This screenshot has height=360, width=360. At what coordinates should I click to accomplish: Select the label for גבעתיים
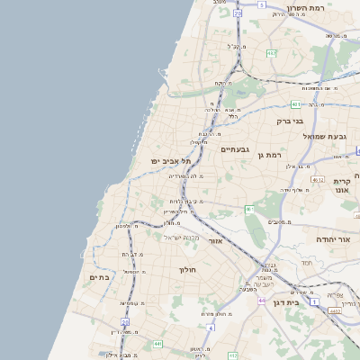[x=235, y=148]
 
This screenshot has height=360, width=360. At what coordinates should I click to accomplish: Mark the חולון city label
[x=187, y=269]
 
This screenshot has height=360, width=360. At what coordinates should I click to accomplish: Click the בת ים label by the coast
[x=99, y=278]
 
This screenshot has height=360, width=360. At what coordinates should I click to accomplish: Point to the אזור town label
[x=215, y=241]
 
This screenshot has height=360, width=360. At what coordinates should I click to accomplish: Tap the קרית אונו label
[x=341, y=185]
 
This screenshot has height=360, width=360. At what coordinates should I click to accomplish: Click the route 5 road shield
[x=262, y=4]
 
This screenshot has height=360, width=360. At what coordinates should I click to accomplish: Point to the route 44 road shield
[x=261, y=301]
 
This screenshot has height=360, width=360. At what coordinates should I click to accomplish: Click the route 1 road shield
[x=313, y=301]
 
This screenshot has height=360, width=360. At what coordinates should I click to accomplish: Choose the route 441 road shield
[x=157, y=344]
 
